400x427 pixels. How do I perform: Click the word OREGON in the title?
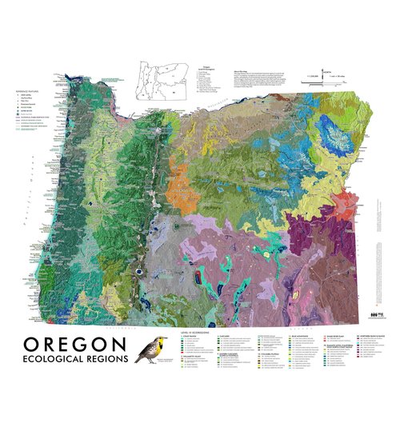pyautogui.click(x=74, y=345)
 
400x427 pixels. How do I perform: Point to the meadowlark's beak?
pyautogui.click(x=138, y=342)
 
